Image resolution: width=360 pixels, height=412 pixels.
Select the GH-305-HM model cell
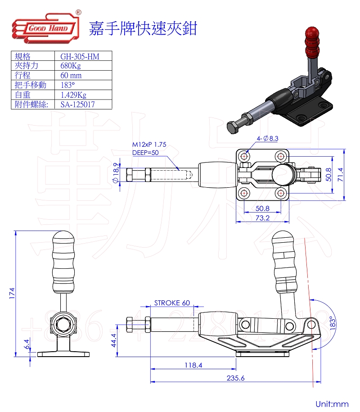(x=80, y=56)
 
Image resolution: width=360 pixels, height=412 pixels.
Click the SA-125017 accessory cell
(x=78, y=104)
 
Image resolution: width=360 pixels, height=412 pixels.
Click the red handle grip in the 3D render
(x=311, y=40)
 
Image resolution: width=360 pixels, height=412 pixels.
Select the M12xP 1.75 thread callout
(x=149, y=145)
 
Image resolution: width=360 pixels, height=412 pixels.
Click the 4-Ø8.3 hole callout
(x=268, y=138)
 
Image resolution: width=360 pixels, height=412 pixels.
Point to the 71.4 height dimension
(x=341, y=173)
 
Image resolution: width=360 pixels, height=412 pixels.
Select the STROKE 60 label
(x=172, y=303)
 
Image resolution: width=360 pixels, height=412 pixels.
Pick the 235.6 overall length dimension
(x=234, y=378)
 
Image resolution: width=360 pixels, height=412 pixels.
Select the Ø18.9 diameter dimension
(x=116, y=173)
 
